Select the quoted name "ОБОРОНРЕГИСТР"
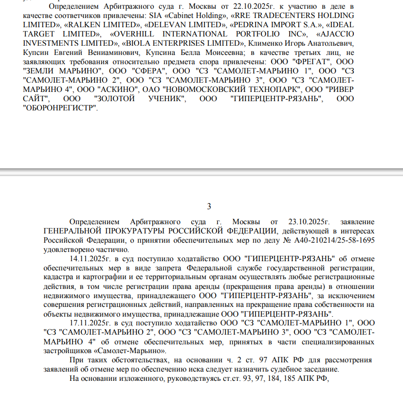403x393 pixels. (x=60, y=107)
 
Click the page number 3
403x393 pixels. (x=209, y=206)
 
